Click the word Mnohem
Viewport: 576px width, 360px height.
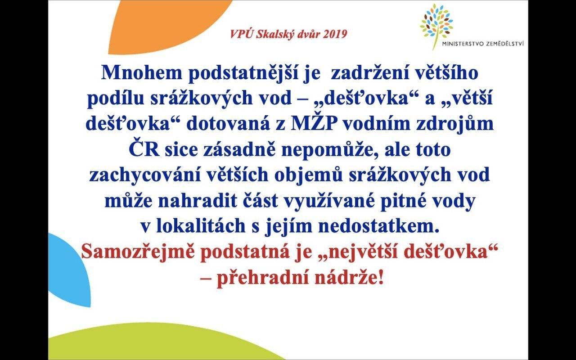pos(142,73)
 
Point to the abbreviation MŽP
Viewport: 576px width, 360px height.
pos(314,123)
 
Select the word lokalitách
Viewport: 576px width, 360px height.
pos(201,226)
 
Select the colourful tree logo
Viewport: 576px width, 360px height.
pos(436,24)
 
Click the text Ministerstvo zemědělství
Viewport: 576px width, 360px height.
pos(483,44)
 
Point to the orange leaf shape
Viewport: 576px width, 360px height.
pos(167,26)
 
